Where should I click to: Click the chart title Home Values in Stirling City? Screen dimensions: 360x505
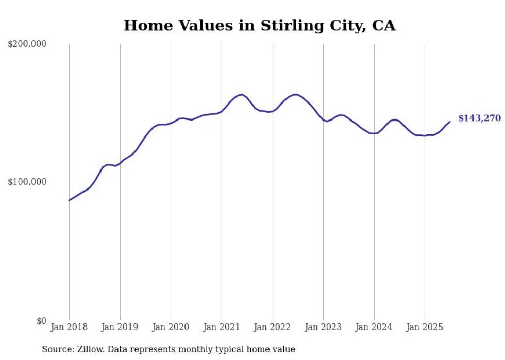coord(259,25)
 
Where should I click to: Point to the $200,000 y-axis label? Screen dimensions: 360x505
coord(27,44)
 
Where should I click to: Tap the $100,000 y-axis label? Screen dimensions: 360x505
coord(27,182)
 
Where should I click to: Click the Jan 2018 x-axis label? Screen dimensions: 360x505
coord(69,327)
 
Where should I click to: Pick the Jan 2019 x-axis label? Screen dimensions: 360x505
coord(120,327)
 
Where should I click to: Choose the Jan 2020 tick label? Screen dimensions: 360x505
coord(171,327)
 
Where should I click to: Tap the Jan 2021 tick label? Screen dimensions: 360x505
coord(222,327)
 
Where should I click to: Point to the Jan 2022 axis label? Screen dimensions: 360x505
coord(272,327)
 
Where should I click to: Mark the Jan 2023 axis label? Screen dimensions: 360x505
coord(323,327)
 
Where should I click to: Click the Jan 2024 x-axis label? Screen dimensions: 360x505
coord(374,327)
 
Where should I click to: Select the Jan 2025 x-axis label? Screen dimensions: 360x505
coord(425,327)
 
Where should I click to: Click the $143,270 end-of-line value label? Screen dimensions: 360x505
coord(479,118)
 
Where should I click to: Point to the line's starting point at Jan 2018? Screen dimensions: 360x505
coord(69,200)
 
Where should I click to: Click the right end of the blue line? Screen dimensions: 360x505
coord(450,122)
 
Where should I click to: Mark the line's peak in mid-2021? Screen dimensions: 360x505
coord(241,95)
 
